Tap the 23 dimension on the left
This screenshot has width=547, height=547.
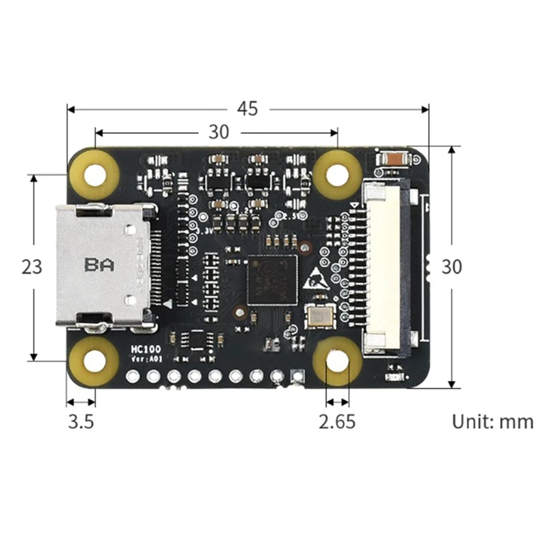31,267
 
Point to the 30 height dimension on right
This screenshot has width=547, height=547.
451,267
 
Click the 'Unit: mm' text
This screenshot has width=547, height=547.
492,421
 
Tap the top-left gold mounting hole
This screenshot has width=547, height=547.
95,172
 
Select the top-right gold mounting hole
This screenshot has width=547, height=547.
337,174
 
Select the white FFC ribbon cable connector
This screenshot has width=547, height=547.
386,267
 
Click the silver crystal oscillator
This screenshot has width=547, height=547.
320,316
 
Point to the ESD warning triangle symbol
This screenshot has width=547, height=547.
315,277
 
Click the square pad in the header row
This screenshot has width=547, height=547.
297,375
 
